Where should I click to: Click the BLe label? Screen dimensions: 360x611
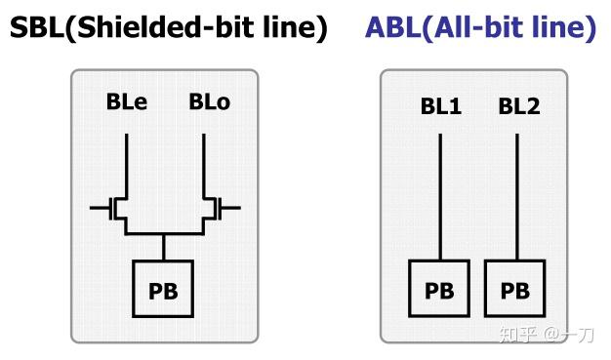tap(127, 101)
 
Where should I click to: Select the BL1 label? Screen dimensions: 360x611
tap(441, 105)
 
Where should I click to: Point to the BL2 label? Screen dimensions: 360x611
tap(518, 105)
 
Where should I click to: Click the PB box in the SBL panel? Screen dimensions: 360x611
tap(163, 290)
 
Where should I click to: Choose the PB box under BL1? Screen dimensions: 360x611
tap(439, 290)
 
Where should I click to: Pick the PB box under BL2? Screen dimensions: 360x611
tap(514, 290)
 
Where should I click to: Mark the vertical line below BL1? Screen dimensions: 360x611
tap(439, 195)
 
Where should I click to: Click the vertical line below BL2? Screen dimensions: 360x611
tap(516, 195)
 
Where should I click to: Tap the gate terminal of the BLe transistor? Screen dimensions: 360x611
tap(99, 208)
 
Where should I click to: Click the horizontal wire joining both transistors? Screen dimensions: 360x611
tap(164, 234)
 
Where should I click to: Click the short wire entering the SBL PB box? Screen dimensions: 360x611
tap(164, 248)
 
